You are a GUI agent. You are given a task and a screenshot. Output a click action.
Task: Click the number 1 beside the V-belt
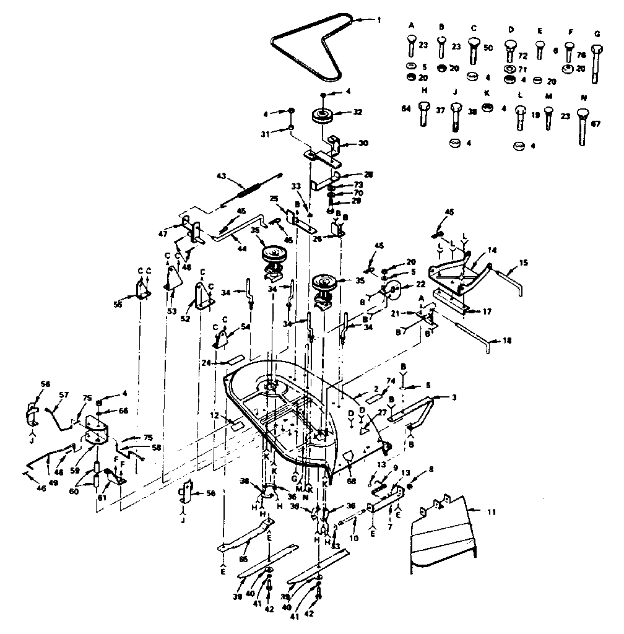(x=379, y=20)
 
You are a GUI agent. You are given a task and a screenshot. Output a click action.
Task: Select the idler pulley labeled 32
(x=323, y=116)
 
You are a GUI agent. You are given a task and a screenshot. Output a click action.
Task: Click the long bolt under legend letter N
(x=583, y=128)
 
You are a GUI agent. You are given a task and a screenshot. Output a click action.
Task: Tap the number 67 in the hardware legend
(x=595, y=124)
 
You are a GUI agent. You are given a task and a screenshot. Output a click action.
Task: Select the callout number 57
(x=63, y=394)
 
